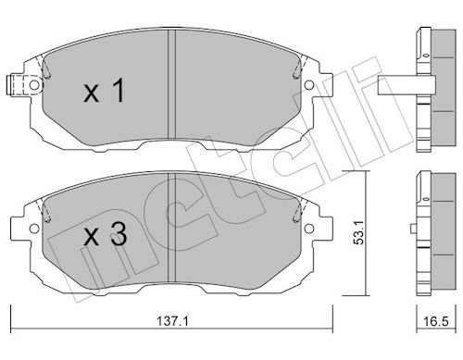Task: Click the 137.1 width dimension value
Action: [172, 321]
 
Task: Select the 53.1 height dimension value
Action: [358, 232]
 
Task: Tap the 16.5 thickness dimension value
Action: [435, 321]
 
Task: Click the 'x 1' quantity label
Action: [105, 90]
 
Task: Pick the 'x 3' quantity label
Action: [105, 234]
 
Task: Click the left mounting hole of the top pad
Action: [34, 85]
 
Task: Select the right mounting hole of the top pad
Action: [309, 85]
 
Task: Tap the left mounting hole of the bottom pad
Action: [34, 229]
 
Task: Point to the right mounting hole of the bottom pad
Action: [309, 229]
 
